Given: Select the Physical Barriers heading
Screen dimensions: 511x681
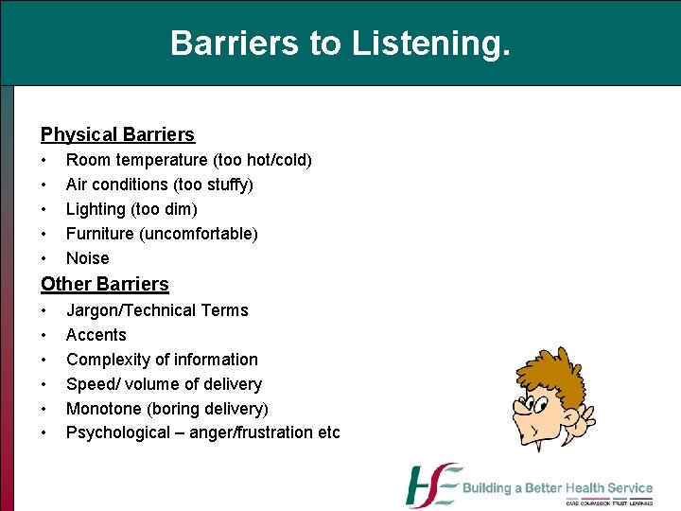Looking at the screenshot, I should point(117,135).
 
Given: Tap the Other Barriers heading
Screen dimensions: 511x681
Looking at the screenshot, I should point(104,284).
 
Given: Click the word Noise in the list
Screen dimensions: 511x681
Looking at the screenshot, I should point(87,258).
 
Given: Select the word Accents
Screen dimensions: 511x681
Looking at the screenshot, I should point(96,335).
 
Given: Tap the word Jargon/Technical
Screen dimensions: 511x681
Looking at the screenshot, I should point(132,310).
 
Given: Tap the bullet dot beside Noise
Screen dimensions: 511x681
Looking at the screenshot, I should point(44,258).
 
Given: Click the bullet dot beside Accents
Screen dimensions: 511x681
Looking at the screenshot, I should point(44,335).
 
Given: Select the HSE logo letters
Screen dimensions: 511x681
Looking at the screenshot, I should point(432,486).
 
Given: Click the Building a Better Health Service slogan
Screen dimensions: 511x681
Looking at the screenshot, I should point(557,488).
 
